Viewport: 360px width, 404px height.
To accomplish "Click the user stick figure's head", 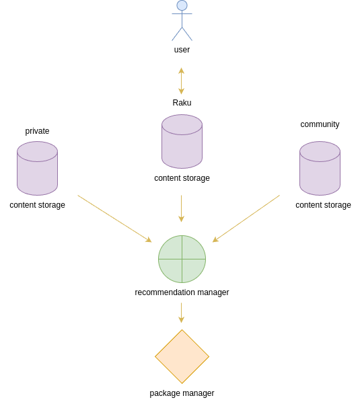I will click(x=182, y=5).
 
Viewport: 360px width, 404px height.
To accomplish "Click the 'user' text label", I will click(x=182, y=50).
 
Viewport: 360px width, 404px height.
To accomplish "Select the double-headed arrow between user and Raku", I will click(x=181, y=81).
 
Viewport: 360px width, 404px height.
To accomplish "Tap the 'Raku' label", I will click(x=182, y=103).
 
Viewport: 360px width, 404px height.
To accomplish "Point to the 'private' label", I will click(x=37, y=131).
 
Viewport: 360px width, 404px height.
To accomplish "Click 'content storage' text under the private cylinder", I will click(x=37, y=205).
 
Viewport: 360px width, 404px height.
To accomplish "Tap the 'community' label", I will click(x=320, y=124).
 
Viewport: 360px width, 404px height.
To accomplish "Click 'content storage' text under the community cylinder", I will click(x=323, y=205).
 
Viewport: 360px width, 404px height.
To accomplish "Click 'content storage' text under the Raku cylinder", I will click(x=182, y=178).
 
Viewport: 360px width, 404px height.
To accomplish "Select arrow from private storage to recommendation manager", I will click(x=114, y=218).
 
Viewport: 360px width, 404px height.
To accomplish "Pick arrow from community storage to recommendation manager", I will click(x=246, y=218).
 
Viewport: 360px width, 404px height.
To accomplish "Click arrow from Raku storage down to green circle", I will click(x=181, y=208).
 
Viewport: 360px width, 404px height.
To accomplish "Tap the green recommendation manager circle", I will click(x=182, y=259).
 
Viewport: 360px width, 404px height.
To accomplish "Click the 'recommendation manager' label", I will click(x=182, y=292).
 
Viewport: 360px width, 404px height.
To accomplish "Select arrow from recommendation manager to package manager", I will click(x=181, y=313).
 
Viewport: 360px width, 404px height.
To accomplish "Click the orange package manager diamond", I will click(x=182, y=356).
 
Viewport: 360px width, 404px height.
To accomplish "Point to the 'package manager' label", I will click(x=182, y=393).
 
